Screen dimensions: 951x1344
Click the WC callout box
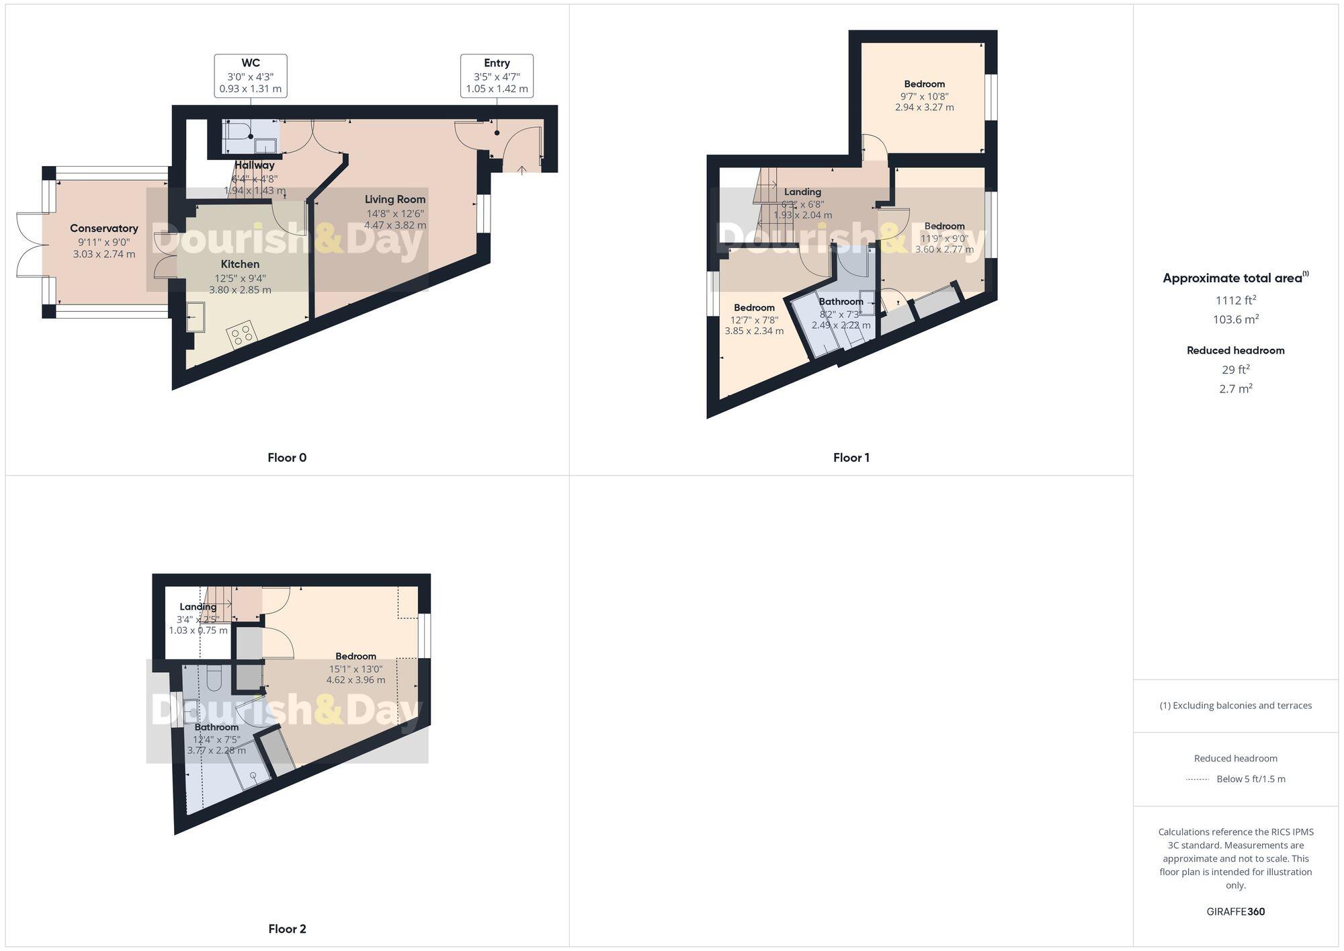251,76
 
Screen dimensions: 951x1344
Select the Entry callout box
497,76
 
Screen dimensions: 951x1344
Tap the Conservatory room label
103,229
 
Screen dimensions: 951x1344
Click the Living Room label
395,200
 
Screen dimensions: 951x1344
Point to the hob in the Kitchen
241,334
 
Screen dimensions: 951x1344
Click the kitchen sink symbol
196,317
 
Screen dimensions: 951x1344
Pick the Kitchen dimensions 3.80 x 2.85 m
240,290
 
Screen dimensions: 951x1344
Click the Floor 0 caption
287,458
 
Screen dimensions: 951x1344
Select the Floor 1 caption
851,458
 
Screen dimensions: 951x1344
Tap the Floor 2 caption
287,929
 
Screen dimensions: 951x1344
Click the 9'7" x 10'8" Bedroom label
924,84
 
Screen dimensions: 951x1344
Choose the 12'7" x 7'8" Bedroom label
754,308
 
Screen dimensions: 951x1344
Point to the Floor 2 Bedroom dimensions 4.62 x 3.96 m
355,680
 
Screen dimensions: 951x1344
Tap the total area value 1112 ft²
1235,300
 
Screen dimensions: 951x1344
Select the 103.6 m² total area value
1235,319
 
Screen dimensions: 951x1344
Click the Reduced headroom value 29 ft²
1235,370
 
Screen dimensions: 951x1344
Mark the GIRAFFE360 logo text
1235,912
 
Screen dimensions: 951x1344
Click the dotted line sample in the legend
1198,780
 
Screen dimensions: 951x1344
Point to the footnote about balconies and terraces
1235,706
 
